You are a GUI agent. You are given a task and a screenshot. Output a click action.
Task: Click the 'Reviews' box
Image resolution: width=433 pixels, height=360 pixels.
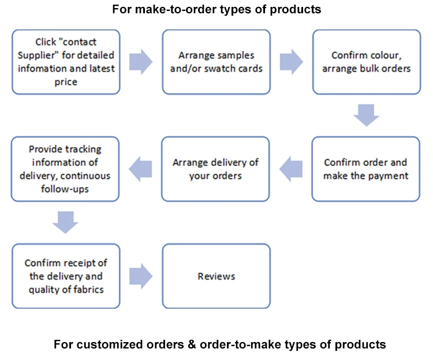point(216,276)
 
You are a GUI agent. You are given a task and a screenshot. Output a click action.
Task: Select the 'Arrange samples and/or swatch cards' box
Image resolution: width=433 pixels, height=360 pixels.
point(216,62)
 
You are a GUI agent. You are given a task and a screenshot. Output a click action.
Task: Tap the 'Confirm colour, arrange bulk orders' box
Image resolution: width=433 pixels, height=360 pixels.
point(366,62)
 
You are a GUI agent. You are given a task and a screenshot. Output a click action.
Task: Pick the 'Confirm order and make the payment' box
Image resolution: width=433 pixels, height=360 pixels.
point(366,169)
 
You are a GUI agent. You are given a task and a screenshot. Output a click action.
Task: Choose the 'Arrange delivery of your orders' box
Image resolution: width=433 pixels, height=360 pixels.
point(216,169)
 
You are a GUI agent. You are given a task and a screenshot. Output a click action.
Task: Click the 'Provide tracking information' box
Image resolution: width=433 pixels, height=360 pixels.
point(65,169)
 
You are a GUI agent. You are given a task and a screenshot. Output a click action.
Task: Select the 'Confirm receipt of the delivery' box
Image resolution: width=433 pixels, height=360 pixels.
point(65,276)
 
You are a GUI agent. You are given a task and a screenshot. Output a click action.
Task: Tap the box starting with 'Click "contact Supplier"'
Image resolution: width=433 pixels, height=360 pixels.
point(65,62)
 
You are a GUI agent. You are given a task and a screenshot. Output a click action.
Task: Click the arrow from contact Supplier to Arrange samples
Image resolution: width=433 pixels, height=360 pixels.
point(141,61)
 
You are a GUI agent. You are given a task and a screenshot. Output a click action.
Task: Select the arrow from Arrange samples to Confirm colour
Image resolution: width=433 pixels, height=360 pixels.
point(292,61)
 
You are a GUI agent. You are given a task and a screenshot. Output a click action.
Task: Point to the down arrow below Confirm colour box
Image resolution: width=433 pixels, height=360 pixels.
point(366,115)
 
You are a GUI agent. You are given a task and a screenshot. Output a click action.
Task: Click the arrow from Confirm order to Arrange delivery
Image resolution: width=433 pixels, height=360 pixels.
point(291,168)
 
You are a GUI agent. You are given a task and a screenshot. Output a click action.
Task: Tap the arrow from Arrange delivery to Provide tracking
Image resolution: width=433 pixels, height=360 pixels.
point(140,168)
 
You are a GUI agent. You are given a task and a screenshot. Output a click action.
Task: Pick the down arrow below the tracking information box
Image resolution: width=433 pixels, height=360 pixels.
point(65,222)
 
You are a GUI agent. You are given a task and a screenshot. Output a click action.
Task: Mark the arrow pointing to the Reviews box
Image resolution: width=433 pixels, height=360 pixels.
point(141,276)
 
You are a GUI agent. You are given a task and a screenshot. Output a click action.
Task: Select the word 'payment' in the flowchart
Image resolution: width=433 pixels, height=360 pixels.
point(387,175)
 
